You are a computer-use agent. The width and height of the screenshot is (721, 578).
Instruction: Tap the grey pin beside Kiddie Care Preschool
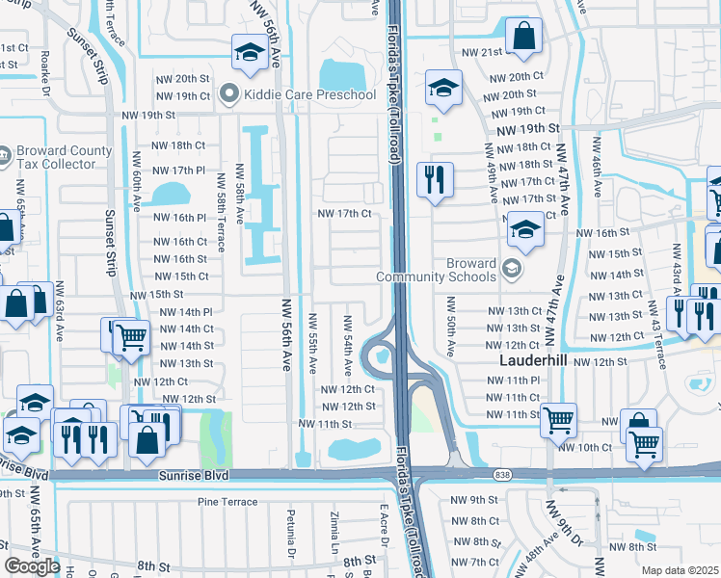coord(228,94)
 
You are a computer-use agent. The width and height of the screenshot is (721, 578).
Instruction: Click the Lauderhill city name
coord(538,361)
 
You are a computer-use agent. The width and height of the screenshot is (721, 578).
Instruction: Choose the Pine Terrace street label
coord(227,502)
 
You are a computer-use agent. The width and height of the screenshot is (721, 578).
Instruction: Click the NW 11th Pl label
coord(514,381)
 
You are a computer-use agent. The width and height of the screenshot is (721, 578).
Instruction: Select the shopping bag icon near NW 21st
coord(522,36)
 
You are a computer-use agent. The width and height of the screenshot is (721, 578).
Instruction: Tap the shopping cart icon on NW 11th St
coord(559,419)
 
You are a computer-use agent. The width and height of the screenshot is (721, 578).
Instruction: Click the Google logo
coord(32,566)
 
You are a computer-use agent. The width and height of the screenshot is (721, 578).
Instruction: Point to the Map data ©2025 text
coord(681,570)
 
